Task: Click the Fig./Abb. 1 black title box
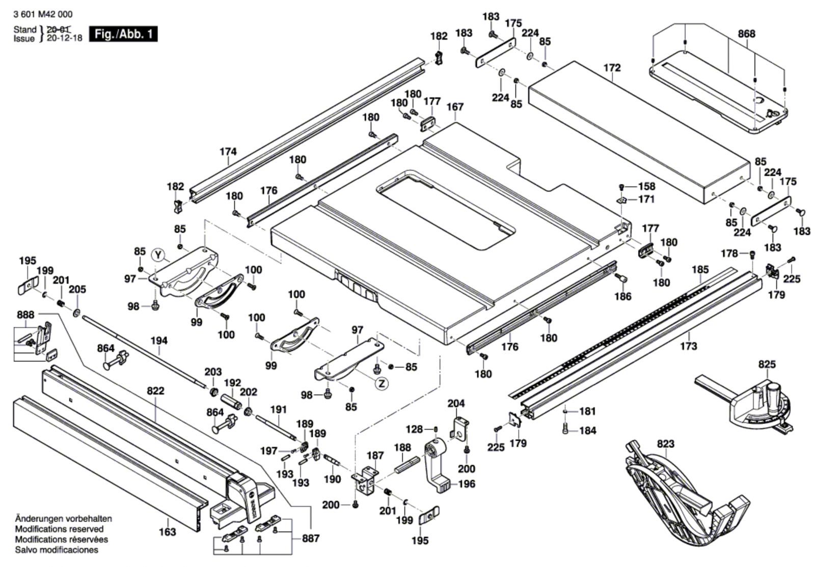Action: coord(123,34)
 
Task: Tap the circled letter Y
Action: coord(159,253)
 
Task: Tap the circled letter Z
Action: coord(382,384)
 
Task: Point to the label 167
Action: coord(455,107)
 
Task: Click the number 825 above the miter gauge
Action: coord(767,364)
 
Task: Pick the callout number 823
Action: coord(665,444)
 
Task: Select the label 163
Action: coord(167,532)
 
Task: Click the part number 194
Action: coord(159,341)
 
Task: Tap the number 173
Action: coord(688,346)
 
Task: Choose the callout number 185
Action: coord(700,269)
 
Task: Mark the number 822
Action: coord(155,391)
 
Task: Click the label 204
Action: coord(456,404)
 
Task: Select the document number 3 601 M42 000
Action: coord(43,15)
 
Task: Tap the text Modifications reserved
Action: coord(59,529)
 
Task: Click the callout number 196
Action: coord(467,484)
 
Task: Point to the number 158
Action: coord(646,186)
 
